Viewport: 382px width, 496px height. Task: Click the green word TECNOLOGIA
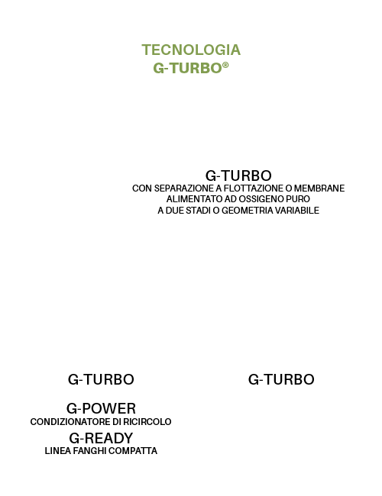[191, 50]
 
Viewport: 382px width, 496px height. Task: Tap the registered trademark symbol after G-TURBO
[225, 65]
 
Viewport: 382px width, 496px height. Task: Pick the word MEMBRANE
[319, 188]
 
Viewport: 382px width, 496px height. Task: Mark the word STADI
[198, 211]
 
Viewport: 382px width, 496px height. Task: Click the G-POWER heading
[101, 408]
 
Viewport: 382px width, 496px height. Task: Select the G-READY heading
[101, 438]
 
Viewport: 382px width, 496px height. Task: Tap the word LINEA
[57, 451]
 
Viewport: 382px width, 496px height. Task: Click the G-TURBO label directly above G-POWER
[101, 379]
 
